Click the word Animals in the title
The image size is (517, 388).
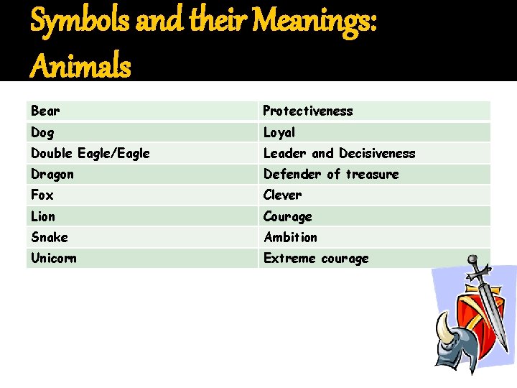click(81, 68)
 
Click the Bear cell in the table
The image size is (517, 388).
click(45, 111)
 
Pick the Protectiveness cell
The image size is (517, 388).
click(308, 111)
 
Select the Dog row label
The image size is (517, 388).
click(42, 132)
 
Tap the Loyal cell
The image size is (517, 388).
click(279, 132)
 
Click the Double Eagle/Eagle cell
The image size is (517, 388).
click(90, 153)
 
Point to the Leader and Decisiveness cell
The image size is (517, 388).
click(339, 153)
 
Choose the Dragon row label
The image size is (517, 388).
click(52, 174)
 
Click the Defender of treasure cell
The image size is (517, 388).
click(331, 174)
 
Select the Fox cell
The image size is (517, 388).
click(42, 195)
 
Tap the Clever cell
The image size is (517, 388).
click(283, 195)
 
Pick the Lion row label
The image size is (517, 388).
click(43, 216)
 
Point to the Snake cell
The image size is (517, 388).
click(50, 237)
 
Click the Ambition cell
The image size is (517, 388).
click(290, 237)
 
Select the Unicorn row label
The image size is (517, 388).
click(54, 258)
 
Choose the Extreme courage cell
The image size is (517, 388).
click(316, 258)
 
